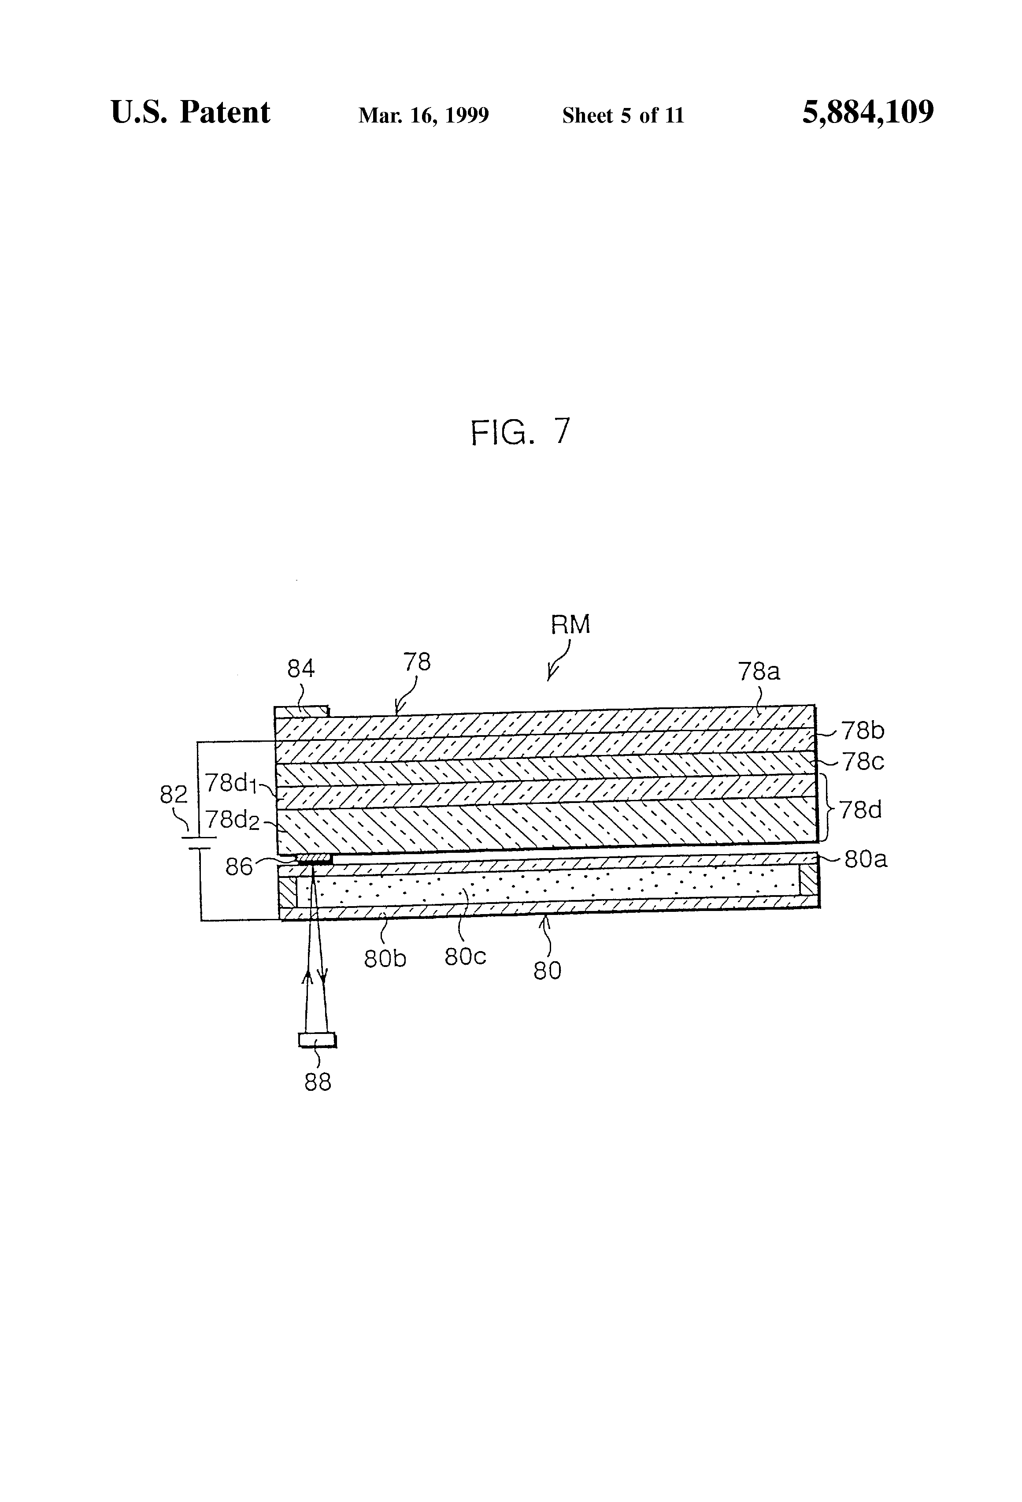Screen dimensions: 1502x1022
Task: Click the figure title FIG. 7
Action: tap(521, 432)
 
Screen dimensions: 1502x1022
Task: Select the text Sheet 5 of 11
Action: tap(623, 115)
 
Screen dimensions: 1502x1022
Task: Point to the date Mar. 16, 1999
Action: tap(424, 115)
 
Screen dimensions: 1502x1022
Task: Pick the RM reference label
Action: tap(570, 625)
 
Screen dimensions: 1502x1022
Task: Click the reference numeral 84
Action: tap(301, 669)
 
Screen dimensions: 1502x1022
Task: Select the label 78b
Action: tap(863, 731)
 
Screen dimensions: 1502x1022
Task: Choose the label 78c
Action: tap(863, 762)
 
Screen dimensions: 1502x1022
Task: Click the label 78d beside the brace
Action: tap(860, 809)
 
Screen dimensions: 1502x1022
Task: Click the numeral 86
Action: tap(239, 866)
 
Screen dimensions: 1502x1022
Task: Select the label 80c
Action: tap(465, 956)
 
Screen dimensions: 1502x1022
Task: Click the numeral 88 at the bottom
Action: tap(318, 1082)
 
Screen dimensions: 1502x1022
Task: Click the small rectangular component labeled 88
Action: tap(317, 1040)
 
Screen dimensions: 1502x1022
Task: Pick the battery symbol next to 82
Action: tap(200, 842)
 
